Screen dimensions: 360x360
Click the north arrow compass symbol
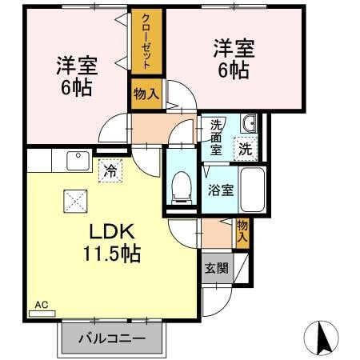click(x=321, y=338)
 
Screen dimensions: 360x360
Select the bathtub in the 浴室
click(x=252, y=190)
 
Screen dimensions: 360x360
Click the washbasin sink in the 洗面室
click(x=249, y=123)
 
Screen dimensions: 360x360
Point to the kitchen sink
click(x=78, y=161)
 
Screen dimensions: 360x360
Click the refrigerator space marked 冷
click(x=110, y=170)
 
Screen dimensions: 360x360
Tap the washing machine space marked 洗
click(x=246, y=149)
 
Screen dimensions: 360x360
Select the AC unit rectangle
click(x=42, y=314)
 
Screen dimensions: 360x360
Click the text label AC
click(x=42, y=305)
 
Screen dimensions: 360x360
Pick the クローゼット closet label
click(x=146, y=42)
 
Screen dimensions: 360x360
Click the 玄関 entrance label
click(x=217, y=268)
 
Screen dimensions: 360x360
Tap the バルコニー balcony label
click(x=112, y=338)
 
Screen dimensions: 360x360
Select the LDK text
click(x=112, y=232)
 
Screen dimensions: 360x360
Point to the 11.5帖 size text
click(x=112, y=254)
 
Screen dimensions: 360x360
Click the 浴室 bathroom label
click(x=221, y=190)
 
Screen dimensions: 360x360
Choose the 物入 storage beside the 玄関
click(x=242, y=231)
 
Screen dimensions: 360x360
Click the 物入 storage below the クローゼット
click(x=146, y=94)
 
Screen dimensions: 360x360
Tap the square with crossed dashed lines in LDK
click(x=75, y=201)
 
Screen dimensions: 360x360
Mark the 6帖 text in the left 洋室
click(x=77, y=88)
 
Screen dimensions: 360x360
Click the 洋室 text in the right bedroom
click(x=234, y=49)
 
